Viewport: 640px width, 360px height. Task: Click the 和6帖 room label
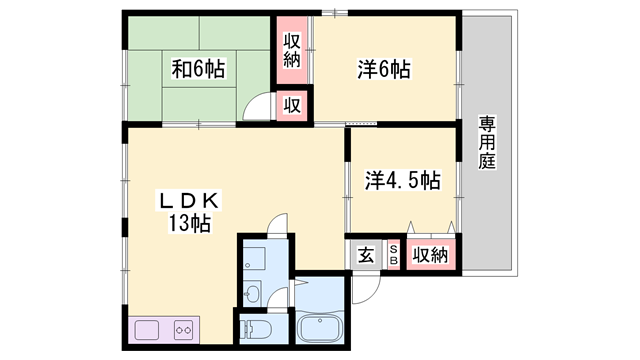(198, 69)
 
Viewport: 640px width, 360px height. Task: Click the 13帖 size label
(189, 224)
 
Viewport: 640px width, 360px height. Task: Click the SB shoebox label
(393, 254)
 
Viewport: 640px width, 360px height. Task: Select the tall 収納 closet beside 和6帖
(292, 50)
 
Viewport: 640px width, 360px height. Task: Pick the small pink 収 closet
(292, 103)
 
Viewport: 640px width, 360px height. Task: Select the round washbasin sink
(253, 292)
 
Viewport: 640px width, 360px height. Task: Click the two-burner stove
(183, 329)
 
